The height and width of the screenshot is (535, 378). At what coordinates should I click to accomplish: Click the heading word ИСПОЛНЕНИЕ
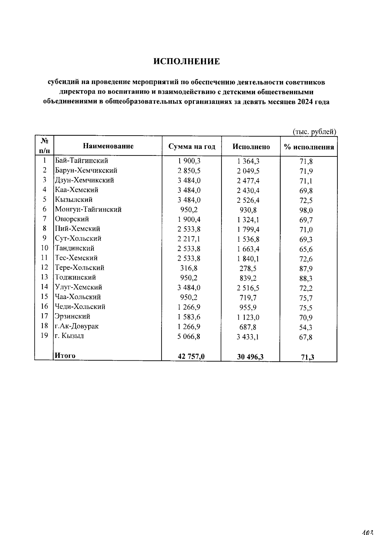[186, 61]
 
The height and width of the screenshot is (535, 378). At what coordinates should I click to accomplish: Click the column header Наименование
[108, 146]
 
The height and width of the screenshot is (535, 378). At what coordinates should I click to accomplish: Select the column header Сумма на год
[192, 147]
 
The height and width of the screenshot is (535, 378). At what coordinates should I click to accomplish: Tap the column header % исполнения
[309, 147]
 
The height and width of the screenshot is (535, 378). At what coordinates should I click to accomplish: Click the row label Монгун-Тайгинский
[88, 209]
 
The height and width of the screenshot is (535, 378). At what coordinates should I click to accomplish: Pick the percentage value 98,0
[306, 210]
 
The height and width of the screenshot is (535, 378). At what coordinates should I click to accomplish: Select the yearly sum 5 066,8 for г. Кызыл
[189, 336]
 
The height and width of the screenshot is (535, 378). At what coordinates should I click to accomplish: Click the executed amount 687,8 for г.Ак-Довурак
[248, 327]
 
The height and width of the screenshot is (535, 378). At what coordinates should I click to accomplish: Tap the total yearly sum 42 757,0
[191, 356]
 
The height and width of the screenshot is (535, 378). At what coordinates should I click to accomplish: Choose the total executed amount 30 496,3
[250, 357]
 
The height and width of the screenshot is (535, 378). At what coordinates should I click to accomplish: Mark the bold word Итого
[65, 356]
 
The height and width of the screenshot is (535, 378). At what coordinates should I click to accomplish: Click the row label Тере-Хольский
[79, 268]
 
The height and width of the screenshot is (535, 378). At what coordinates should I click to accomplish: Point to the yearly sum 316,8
[189, 268]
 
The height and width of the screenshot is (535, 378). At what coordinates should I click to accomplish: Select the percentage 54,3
[306, 328]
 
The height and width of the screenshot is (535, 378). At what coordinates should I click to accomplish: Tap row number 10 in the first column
[44, 248]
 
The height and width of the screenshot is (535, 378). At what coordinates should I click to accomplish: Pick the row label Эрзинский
[72, 316]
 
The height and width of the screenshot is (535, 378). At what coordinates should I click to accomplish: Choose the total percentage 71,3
[307, 357]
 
